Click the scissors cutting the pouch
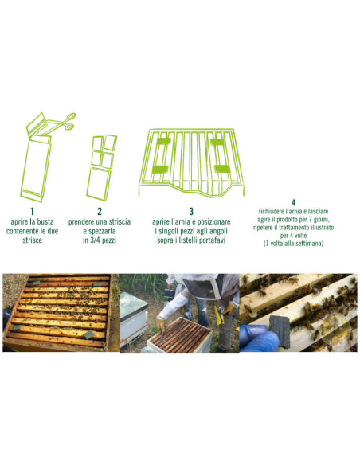coord(67,120)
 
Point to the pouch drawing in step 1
coord(36,163)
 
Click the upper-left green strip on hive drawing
coord(164,142)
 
